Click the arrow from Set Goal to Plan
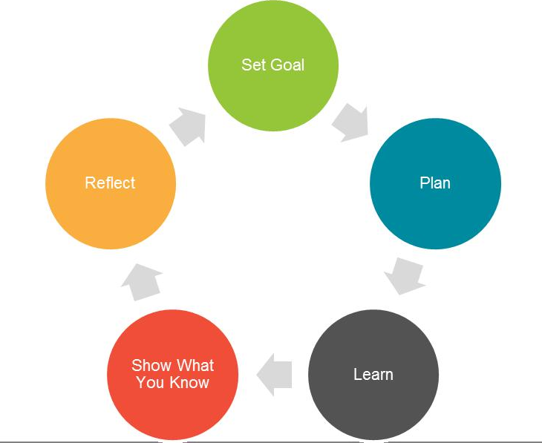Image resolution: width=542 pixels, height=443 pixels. pyautogui.click(x=350, y=122)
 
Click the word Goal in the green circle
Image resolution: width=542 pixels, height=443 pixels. pyautogui.click(x=287, y=65)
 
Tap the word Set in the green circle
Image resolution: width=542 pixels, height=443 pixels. pyautogui.click(x=252, y=65)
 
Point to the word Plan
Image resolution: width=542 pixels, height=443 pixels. pyautogui.click(x=435, y=183)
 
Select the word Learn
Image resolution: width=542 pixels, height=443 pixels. pyautogui.click(x=373, y=375)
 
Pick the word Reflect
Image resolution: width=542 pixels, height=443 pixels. pyautogui.click(x=111, y=183)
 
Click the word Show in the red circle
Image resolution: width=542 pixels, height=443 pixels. pyautogui.click(x=151, y=365)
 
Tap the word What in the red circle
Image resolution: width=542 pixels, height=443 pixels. pyautogui.click(x=195, y=365)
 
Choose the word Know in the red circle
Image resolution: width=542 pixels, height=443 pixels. pyautogui.click(x=189, y=383)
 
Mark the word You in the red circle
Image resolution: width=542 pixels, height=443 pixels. pyautogui.click(x=151, y=383)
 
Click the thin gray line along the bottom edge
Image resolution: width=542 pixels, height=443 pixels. pyautogui.click(x=74, y=442)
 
